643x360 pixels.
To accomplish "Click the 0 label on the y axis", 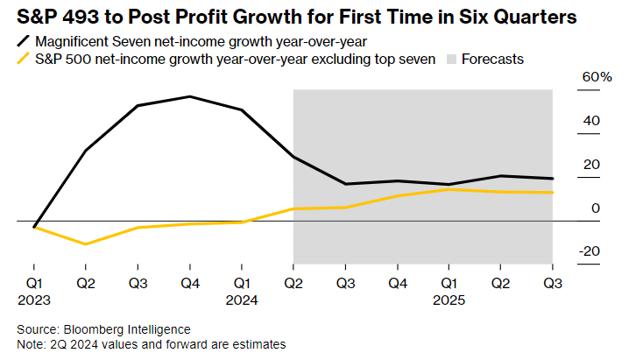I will (x=596, y=208).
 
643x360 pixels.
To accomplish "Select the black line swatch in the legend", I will (x=20, y=41).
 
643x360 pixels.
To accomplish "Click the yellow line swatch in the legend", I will (x=20, y=60).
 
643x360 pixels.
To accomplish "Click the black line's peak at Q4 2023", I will (x=189, y=96).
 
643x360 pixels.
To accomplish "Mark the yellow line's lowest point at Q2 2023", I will (x=85, y=244).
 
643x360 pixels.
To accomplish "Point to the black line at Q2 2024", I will (x=293, y=157).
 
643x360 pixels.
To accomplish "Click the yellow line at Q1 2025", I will (x=449, y=189).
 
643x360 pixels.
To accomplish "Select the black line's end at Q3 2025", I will (x=552, y=179).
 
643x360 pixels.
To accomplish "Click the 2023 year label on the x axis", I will (x=33, y=299).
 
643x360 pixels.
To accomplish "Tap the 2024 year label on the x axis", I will (x=242, y=299).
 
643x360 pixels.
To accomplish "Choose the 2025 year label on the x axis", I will (x=449, y=299).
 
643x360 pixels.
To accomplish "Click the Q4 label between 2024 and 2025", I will (x=397, y=284).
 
